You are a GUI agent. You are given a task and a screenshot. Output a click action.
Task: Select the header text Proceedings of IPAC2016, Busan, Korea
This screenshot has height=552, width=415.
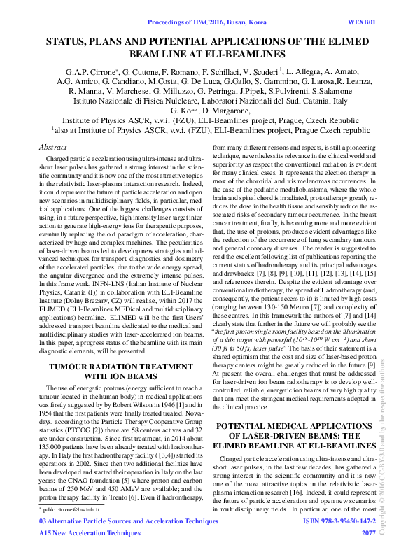coord(208,13)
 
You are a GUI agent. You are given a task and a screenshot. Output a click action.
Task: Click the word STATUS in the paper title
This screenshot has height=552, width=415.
coord(69,42)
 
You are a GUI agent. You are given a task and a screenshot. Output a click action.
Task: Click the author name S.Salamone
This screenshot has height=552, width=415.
coord(317,91)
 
